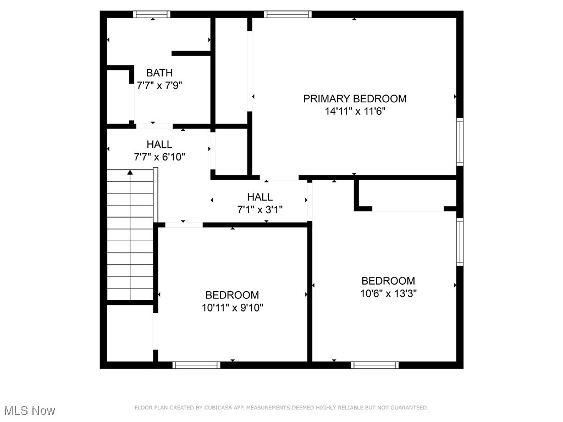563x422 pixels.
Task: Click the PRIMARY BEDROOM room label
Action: [355, 99]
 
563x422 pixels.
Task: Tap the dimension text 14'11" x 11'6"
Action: [355, 111]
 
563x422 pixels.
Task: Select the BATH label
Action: [159, 73]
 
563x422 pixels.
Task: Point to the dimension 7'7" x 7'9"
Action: [159, 86]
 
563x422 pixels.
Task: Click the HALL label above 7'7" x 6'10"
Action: [159, 145]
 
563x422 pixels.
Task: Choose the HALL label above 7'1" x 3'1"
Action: [260, 197]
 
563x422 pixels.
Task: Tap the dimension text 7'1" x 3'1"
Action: [260, 209]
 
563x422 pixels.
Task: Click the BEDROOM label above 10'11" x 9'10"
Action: [232, 296]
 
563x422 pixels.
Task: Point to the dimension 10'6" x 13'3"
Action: [388, 293]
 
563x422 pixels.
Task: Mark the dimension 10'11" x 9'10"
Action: [232, 308]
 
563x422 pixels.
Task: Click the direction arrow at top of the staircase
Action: [130, 173]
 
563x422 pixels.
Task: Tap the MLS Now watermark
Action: [30, 410]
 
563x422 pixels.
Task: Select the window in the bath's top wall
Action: [152, 14]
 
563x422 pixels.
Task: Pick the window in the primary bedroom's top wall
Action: [288, 14]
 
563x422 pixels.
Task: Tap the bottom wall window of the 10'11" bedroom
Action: [196, 365]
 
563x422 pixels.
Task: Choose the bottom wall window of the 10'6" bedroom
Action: [375, 365]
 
